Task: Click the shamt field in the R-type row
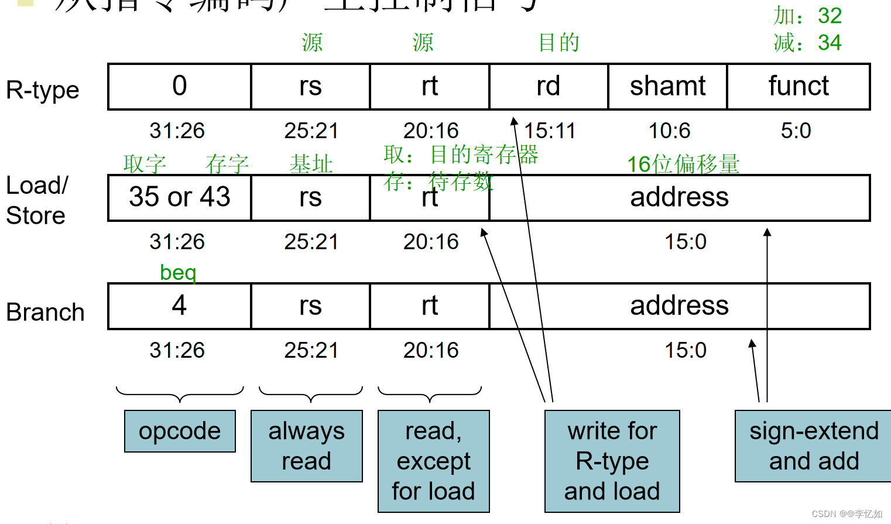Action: tap(667, 87)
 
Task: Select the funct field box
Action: tap(798, 87)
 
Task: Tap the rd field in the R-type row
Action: tap(549, 87)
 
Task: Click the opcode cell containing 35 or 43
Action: tap(180, 197)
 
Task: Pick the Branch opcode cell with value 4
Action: tap(180, 306)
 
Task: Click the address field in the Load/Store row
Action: tap(679, 197)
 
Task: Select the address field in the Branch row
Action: tap(679, 306)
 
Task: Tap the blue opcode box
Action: tap(180, 431)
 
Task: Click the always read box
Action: tap(306, 446)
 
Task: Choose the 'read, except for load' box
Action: tap(433, 461)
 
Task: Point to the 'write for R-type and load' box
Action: tap(612, 461)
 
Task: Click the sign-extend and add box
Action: tap(814, 446)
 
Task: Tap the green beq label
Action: tap(178, 273)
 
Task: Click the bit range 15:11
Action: tap(550, 131)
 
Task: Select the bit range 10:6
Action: tap(669, 131)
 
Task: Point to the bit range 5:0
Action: tap(796, 131)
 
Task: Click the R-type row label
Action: tap(42, 90)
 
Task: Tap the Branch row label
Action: tap(45, 312)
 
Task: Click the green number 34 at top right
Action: tap(830, 43)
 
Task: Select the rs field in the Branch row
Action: tap(310, 306)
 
